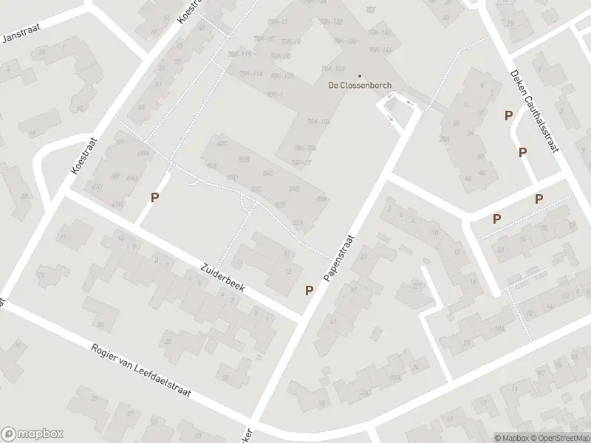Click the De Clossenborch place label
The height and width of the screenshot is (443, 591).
coord(360,84)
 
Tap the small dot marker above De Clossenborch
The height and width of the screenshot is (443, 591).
coord(360,75)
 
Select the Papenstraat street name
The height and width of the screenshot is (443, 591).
coord(340,258)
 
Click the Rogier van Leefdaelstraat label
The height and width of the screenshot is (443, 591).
coord(141,371)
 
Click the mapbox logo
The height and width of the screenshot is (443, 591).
coord(33,433)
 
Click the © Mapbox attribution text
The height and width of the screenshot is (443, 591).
coord(513,437)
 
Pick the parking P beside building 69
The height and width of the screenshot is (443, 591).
coord(154,197)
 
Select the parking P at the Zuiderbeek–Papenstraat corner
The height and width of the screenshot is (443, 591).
coord(309,290)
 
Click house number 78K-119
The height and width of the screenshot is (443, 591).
coord(238,54)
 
